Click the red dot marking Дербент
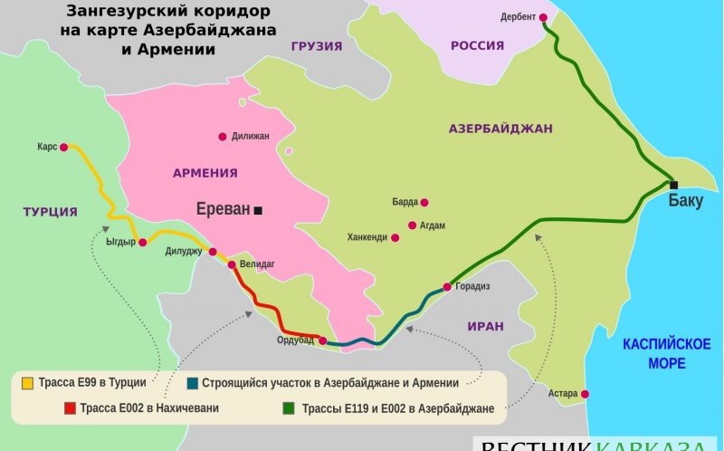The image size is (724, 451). (543, 17)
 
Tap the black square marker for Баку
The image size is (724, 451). (673, 185)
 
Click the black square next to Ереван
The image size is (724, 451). (258, 210)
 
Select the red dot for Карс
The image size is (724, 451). (64, 146)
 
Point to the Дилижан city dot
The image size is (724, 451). (223, 137)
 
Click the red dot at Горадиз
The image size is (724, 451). (446, 287)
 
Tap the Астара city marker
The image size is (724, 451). (585, 394)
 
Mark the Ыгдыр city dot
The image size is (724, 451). (142, 242)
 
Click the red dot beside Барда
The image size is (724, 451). (424, 203)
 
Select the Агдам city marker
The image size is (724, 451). (413, 225)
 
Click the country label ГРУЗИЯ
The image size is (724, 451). (317, 46)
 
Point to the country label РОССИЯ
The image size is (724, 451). (477, 45)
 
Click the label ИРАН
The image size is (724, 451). (485, 326)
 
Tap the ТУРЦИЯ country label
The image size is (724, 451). (50, 212)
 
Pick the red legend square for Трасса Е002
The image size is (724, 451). (70, 408)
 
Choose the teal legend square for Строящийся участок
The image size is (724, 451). (195, 383)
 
